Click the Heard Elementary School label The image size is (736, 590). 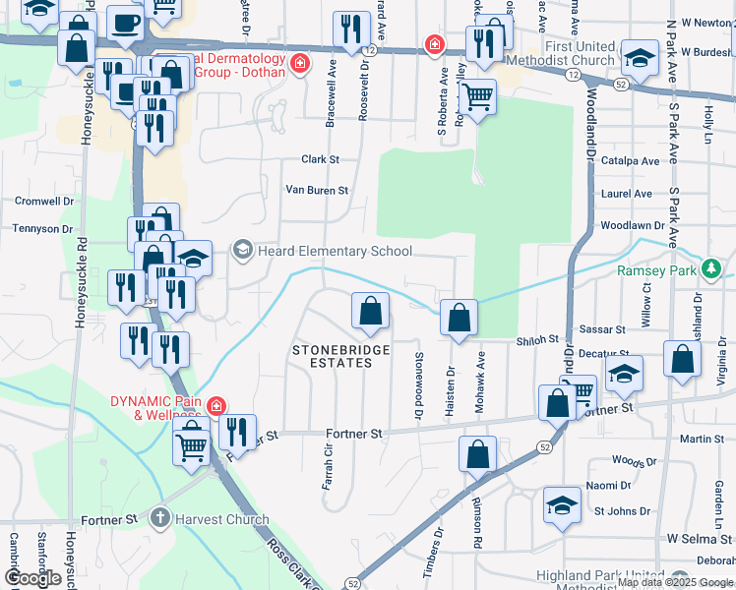(335, 251)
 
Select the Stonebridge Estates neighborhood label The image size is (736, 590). (340, 356)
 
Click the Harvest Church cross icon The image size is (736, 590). (161, 518)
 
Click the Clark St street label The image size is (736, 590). (320, 159)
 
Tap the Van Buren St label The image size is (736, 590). (317, 190)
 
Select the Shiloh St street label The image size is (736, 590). (536, 341)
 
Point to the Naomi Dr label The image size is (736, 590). (608, 486)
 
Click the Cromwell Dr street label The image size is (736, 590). (44, 201)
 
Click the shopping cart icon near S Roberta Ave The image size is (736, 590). (477, 97)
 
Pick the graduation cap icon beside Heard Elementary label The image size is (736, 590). (194, 259)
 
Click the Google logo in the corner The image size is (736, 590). (32, 578)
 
